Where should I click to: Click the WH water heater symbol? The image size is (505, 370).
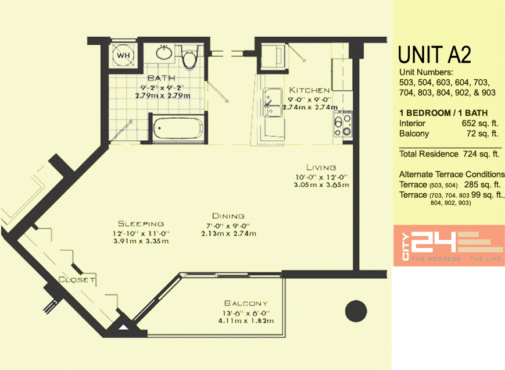(x=123, y=55)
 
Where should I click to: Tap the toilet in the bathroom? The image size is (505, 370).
(x=189, y=57)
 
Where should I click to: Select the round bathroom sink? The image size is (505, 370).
(x=164, y=52)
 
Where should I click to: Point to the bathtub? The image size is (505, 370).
(x=178, y=128)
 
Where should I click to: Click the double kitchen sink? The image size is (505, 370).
(x=273, y=102)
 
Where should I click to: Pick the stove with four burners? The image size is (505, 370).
(x=343, y=123)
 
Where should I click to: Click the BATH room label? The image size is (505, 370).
(x=162, y=78)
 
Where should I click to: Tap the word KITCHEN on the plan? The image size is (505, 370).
(x=309, y=90)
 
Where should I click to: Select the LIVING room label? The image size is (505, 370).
(x=321, y=168)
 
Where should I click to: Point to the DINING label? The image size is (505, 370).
(x=228, y=216)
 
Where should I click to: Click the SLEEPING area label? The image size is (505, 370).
(x=141, y=223)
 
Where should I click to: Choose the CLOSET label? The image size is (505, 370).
(x=77, y=279)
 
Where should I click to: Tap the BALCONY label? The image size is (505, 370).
(x=246, y=303)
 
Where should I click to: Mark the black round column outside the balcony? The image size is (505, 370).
(x=356, y=311)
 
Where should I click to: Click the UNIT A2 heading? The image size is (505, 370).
(x=435, y=55)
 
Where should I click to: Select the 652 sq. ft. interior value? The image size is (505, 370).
(x=480, y=123)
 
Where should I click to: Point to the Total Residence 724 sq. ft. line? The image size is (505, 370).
(x=449, y=154)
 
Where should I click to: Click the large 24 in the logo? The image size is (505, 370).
(x=434, y=242)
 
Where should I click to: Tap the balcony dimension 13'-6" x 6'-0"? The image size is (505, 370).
(x=246, y=313)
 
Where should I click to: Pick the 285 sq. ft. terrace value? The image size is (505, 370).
(x=482, y=184)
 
